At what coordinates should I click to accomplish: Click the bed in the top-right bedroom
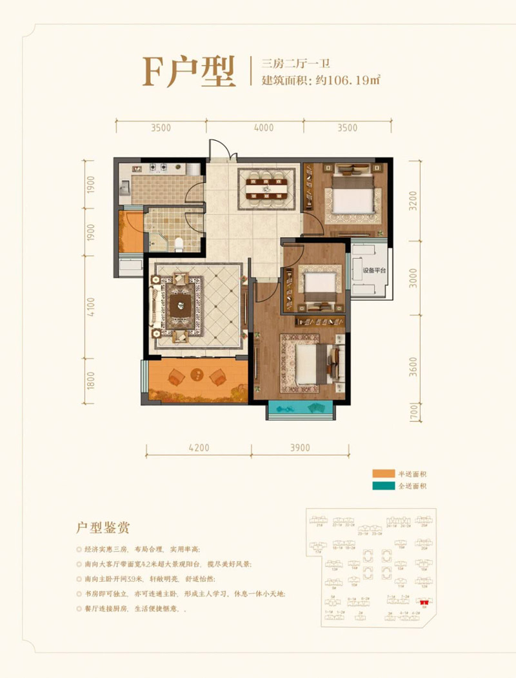[351, 194]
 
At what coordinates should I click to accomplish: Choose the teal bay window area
[300, 408]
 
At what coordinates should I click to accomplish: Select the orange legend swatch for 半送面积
[385, 473]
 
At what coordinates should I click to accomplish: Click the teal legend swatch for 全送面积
[385, 486]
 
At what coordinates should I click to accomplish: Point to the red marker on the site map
[425, 600]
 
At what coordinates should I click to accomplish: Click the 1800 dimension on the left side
[91, 380]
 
